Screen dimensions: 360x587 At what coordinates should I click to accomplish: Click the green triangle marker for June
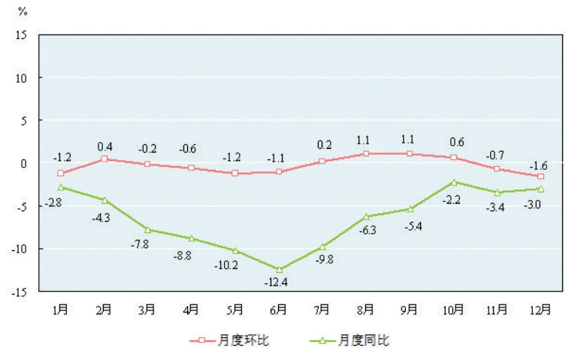pyautogui.click(x=279, y=269)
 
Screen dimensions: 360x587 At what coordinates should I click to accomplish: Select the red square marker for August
pyautogui.click(x=366, y=153)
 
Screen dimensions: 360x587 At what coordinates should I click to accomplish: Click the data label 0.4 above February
pyautogui.click(x=104, y=146)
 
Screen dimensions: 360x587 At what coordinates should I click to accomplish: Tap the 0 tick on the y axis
pyautogui.click(x=24, y=163)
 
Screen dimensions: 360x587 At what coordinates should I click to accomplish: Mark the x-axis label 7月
pyautogui.click(x=322, y=308)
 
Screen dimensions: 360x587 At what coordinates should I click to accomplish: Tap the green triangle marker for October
pyautogui.click(x=453, y=182)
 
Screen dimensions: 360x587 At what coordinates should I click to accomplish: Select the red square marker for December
pyautogui.click(x=540, y=177)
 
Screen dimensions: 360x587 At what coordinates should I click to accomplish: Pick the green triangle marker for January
pyautogui.click(x=60, y=187)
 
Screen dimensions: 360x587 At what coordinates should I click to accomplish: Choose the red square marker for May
pyautogui.click(x=235, y=174)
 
